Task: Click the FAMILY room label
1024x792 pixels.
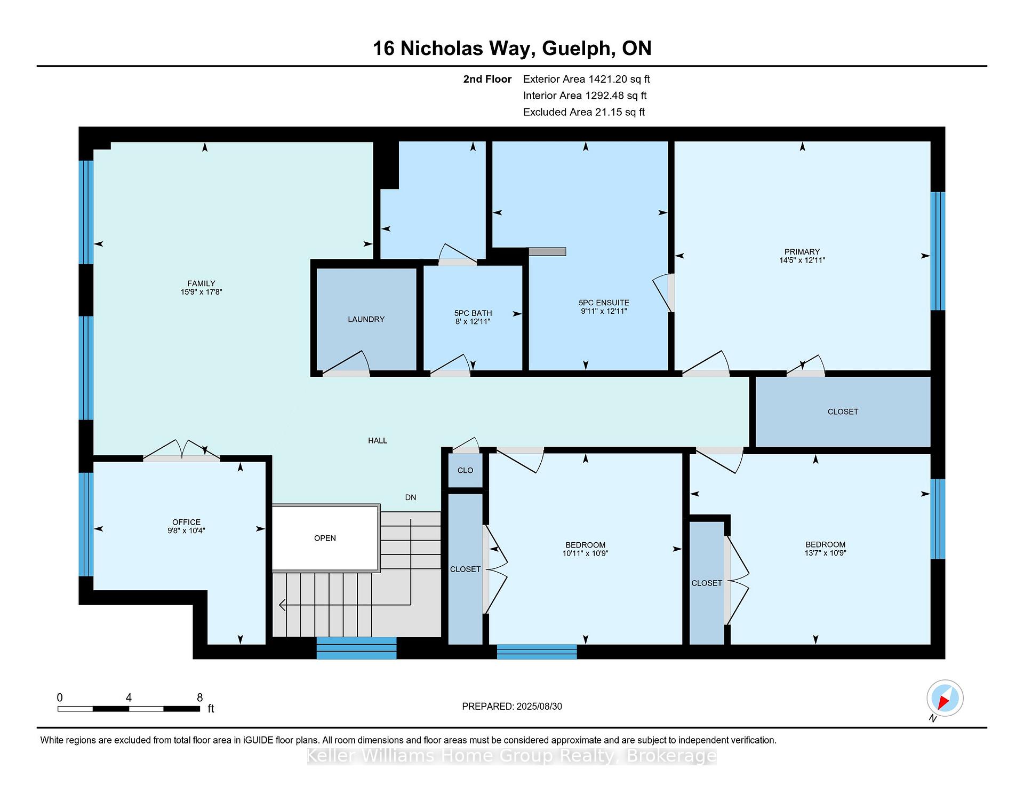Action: point(201,283)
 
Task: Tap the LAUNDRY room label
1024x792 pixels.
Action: point(366,319)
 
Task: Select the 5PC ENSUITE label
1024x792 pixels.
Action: point(604,303)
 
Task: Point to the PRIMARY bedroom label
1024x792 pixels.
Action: point(802,252)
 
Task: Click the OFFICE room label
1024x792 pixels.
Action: point(186,522)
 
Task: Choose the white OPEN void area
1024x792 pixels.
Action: point(325,538)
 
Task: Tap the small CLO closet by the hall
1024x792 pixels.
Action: point(465,470)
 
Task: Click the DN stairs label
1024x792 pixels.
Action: point(411,497)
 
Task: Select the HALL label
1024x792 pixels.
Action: point(378,440)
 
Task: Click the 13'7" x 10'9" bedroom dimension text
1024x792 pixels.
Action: point(826,553)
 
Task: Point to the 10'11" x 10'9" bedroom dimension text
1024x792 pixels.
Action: point(585,553)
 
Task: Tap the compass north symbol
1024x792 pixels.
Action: point(945,698)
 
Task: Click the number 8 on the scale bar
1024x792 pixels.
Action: point(200,698)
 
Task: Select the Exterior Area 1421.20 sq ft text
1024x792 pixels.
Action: point(587,80)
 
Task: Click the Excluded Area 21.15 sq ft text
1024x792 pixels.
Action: point(584,112)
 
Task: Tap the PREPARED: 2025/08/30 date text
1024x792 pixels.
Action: point(512,706)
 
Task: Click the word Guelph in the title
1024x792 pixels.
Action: point(577,49)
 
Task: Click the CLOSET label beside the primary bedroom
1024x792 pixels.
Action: point(843,411)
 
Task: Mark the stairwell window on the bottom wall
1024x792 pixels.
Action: point(356,648)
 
